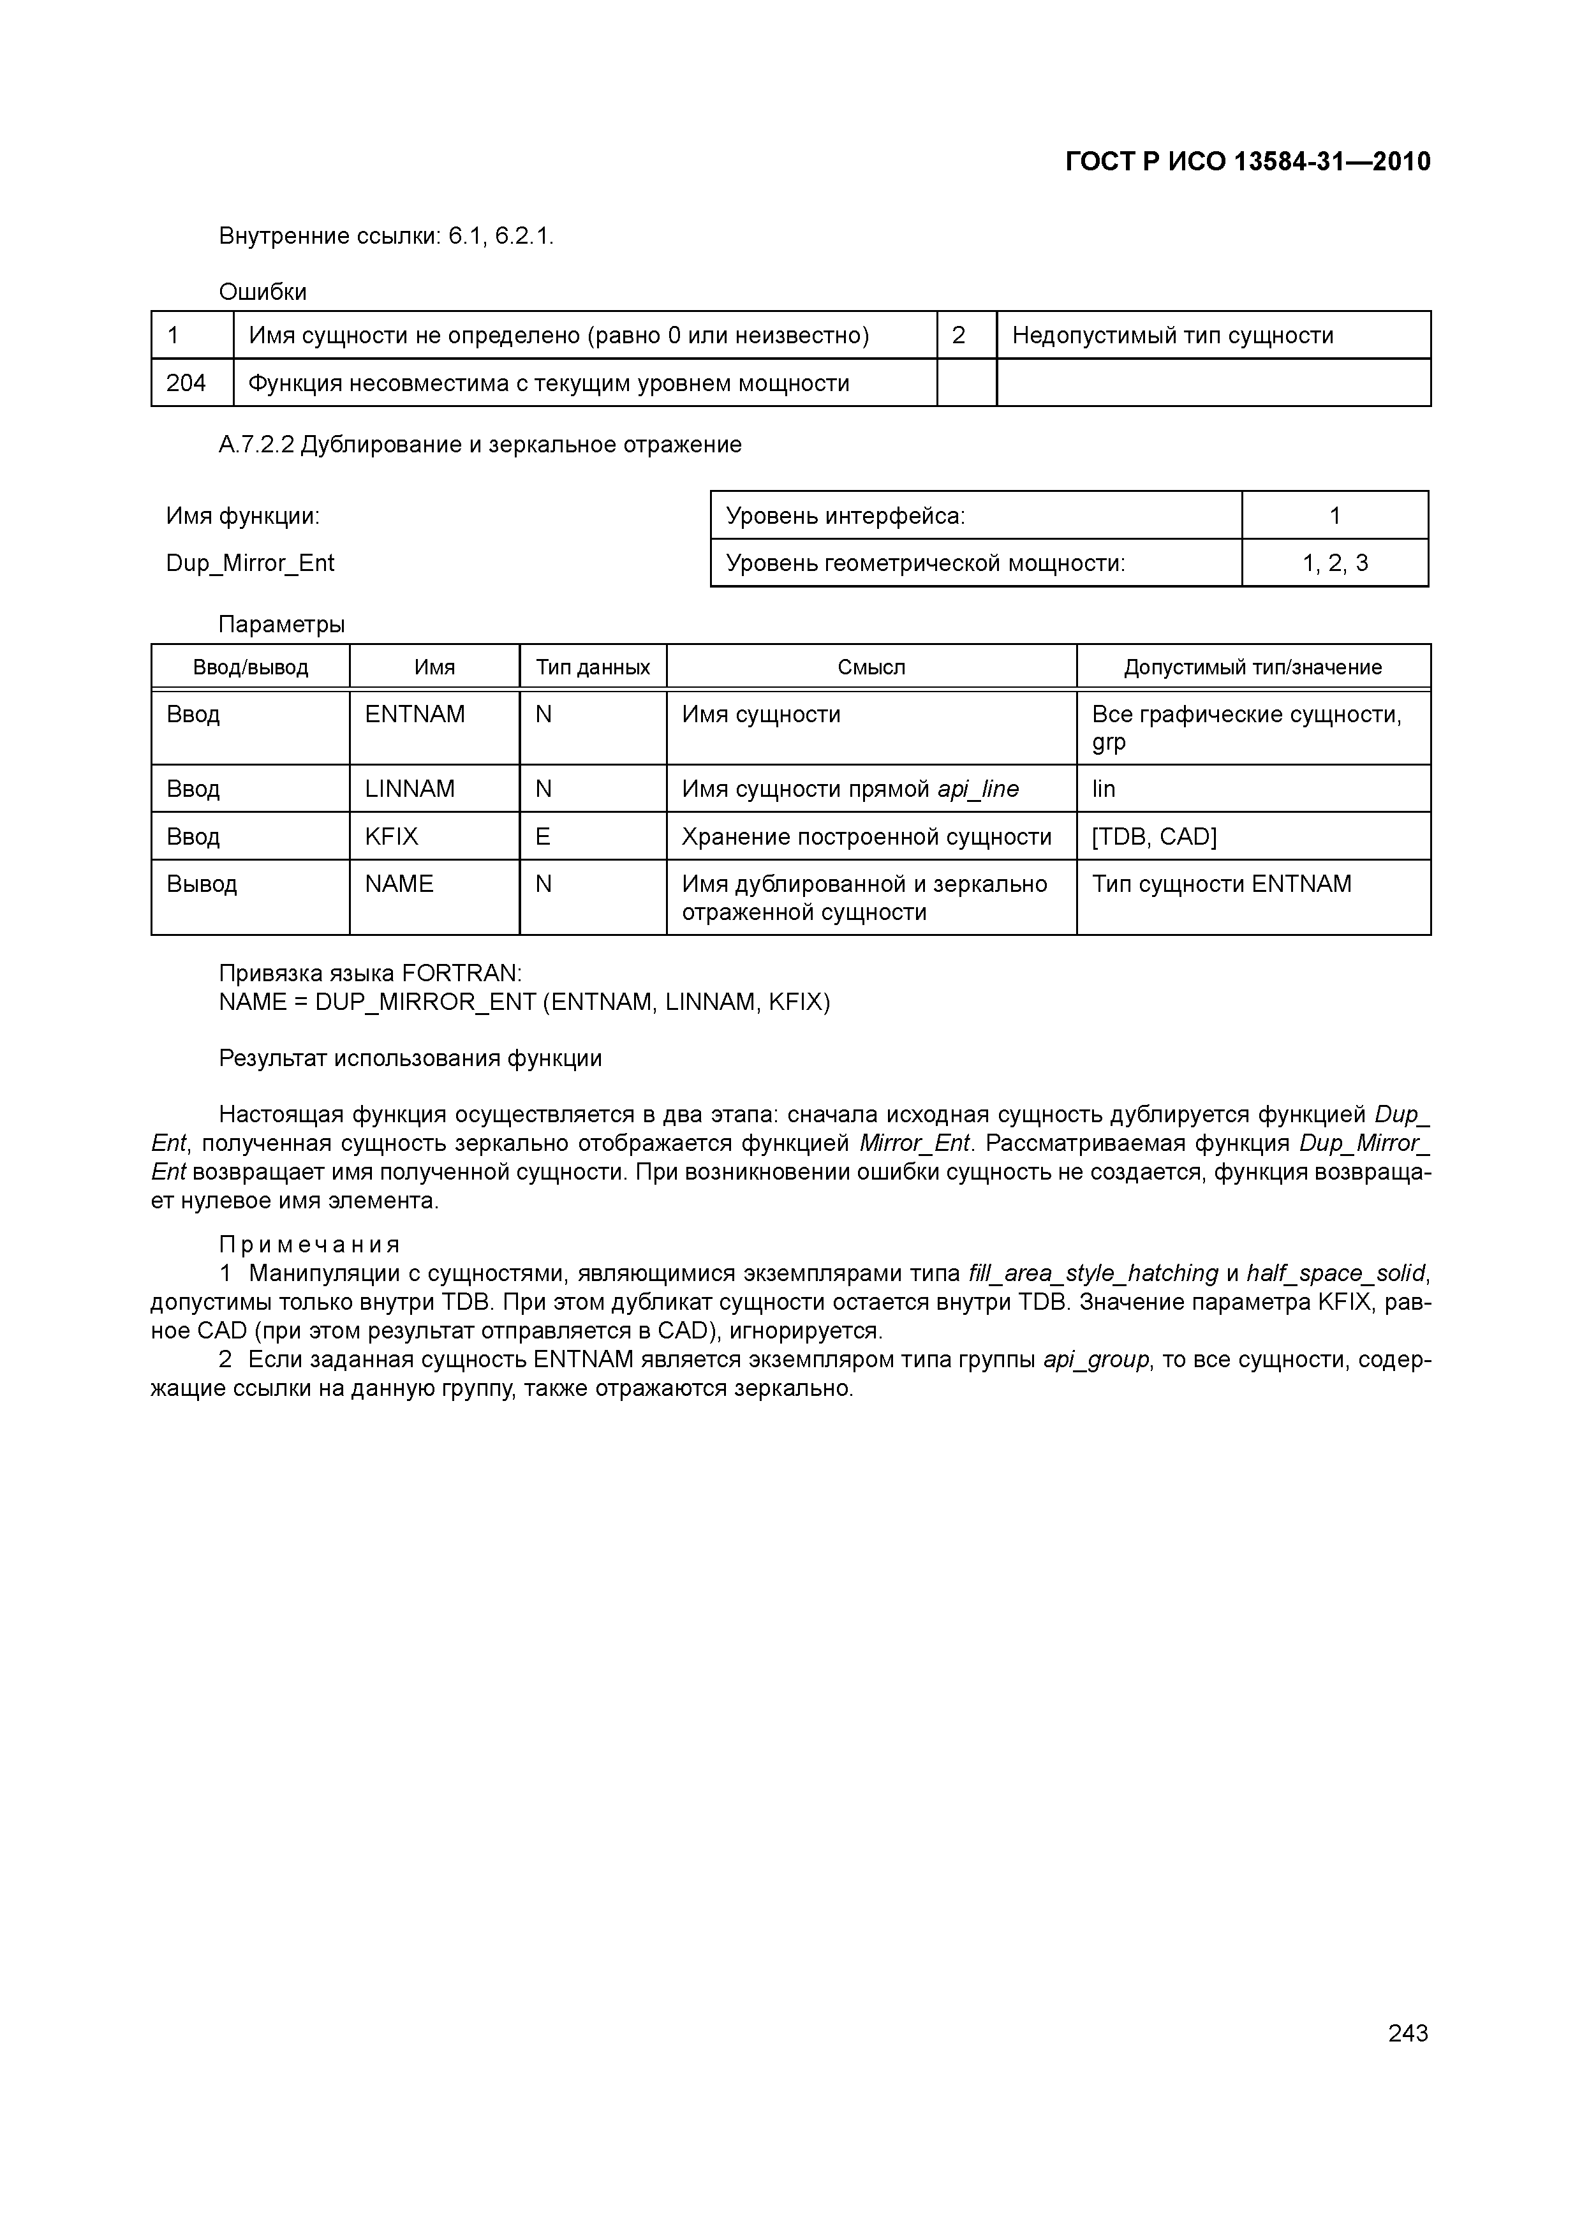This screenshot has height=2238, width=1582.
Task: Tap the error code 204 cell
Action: click(186, 383)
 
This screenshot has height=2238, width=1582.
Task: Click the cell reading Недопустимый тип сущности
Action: click(1172, 336)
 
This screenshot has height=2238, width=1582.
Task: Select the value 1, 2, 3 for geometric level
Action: click(1334, 563)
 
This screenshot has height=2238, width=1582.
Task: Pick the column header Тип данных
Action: click(593, 668)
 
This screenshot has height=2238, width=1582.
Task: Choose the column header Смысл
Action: click(871, 668)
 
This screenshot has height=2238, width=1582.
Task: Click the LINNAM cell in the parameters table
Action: click(410, 789)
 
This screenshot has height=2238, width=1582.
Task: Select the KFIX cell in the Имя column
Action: click(392, 836)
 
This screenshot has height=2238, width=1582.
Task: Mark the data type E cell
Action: click(543, 836)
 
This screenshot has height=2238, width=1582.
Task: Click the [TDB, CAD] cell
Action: click(1153, 836)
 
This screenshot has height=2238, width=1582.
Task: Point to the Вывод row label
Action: click(202, 884)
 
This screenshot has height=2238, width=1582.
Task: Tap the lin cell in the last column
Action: click(1104, 789)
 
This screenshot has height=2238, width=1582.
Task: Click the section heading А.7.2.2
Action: click(480, 445)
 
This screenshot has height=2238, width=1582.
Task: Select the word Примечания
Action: click(309, 1245)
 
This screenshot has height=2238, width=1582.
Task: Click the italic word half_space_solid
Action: click(1335, 1273)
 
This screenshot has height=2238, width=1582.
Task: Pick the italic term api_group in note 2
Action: click(1096, 1360)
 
